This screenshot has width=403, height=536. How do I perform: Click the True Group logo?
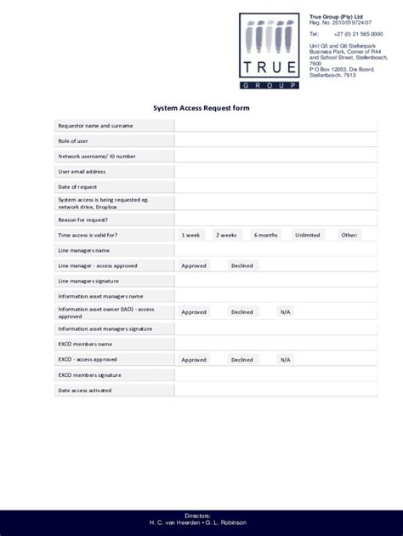tap(269, 51)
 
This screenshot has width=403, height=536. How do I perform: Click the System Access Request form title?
tap(201, 108)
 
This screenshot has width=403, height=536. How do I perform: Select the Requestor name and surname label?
tap(95, 126)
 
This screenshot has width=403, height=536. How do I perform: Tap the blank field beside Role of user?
tap(270, 141)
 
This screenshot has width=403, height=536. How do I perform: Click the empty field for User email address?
tap(270, 172)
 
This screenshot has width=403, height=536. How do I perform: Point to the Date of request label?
tap(77, 187)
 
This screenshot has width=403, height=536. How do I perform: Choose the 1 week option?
tap(190, 235)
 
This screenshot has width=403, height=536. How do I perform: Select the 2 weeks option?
tap(226, 235)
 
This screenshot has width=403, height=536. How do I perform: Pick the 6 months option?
tap(267, 235)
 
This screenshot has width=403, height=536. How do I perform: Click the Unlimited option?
tap(308, 235)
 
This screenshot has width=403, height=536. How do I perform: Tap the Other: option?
tap(349, 235)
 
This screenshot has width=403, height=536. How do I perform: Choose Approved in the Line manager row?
tap(194, 265)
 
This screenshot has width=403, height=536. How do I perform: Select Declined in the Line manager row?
tap(241, 265)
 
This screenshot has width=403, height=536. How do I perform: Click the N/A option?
tap(285, 312)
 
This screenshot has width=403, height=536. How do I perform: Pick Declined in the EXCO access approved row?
tap(241, 360)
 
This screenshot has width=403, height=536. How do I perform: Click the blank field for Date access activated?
tap(270, 391)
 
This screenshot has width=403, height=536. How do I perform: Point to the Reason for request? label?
tap(82, 220)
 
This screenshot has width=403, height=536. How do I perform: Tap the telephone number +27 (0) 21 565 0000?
tap(358, 34)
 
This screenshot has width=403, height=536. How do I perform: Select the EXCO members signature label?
tap(89, 375)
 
